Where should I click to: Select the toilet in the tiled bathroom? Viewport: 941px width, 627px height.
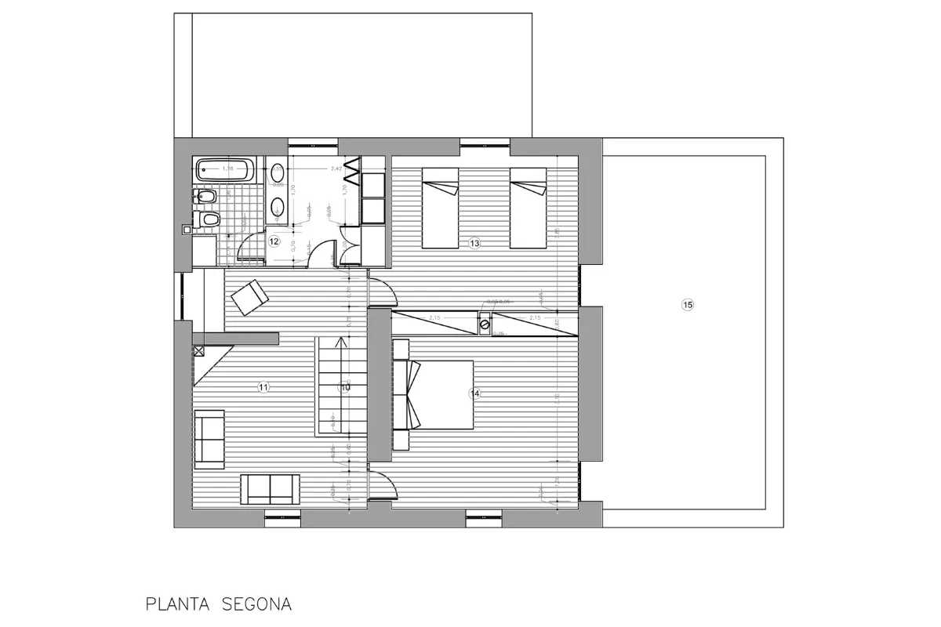click(207, 220)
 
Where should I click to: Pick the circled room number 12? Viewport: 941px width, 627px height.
click(274, 241)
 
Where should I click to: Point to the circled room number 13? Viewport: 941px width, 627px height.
click(474, 244)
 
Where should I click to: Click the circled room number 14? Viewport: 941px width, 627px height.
click(474, 393)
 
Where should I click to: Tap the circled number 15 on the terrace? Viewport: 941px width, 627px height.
click(688, 306)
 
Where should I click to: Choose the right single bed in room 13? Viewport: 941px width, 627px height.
click(528, 208)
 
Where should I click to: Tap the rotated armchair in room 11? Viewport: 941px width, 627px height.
click(249, 297)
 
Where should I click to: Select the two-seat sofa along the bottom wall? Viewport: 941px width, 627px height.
click(269, 489)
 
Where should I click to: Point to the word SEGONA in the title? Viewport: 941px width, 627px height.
click(256, 604)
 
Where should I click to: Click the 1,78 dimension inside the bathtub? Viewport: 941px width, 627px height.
click(228, 169)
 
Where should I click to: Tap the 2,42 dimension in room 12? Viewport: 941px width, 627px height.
click(336, 169)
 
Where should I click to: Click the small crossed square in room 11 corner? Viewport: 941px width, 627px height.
click(198, 351)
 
